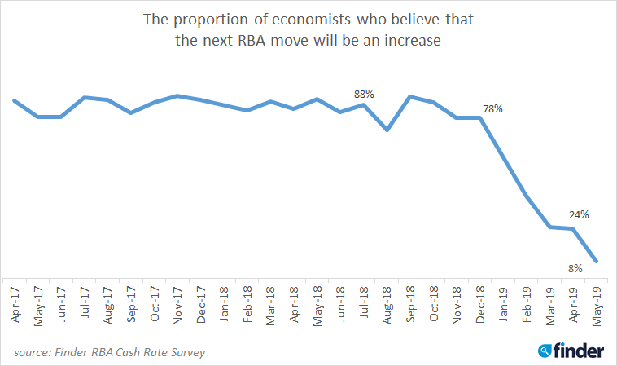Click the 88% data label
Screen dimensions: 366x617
tap(364, 94)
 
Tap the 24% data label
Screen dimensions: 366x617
tap(580, 214)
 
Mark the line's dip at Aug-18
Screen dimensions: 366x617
tap(388, 130)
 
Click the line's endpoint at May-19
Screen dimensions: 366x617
tap(597, 262)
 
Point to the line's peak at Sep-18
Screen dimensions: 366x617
tap(410, 96)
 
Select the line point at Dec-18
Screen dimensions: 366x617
tap(481, 117)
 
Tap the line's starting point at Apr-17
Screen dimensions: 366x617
tap(15, 100)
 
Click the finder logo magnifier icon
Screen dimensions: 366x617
tap(545, 351)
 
